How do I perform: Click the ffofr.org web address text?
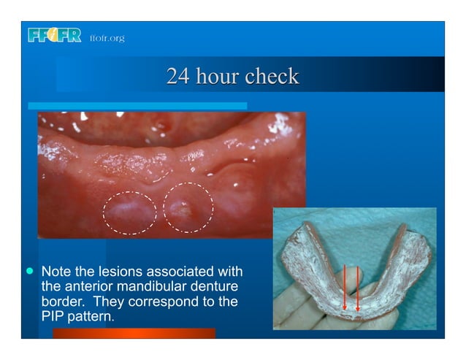(x=107, y=37)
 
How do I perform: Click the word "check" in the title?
(x=272, y=77)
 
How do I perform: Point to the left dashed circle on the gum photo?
(x=129, y=211)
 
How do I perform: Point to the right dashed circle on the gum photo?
(x=187, y=207)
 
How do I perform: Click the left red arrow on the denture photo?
(x=345, y=288)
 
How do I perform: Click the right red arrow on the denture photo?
(x=358, y=288)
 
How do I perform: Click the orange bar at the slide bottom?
(x=134, y=334)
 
